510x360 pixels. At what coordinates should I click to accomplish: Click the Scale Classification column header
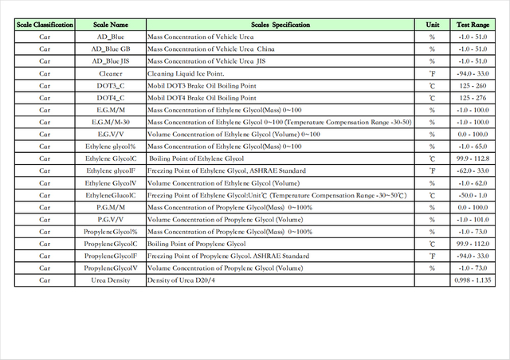pyautogui.click(x=45, y=25)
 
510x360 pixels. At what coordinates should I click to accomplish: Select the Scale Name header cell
pyautogui.click(x=110, y=25)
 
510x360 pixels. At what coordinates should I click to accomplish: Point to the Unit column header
pyautogui.click(x=432, y=25)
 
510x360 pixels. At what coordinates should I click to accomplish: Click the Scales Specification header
pyautogui.click(x=280, y=25)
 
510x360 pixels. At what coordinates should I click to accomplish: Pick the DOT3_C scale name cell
pyautogui.click(x=110, y=85)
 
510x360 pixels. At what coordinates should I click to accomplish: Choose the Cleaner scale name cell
pyautogui.click(x=110, y=73)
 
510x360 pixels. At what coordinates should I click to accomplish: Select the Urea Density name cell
pyautogui.click(x=110, y=280)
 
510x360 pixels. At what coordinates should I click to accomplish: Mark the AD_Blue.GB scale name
pyautogui.click(x=110, y=49)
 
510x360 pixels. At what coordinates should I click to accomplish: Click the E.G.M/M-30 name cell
pyautogui.click(x=110, y=122)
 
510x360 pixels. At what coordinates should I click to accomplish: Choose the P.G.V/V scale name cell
pyautogui.click(x=110, y=219)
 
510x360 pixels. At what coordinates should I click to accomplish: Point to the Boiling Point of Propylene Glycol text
pyautogui.click(x=197, y=244)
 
